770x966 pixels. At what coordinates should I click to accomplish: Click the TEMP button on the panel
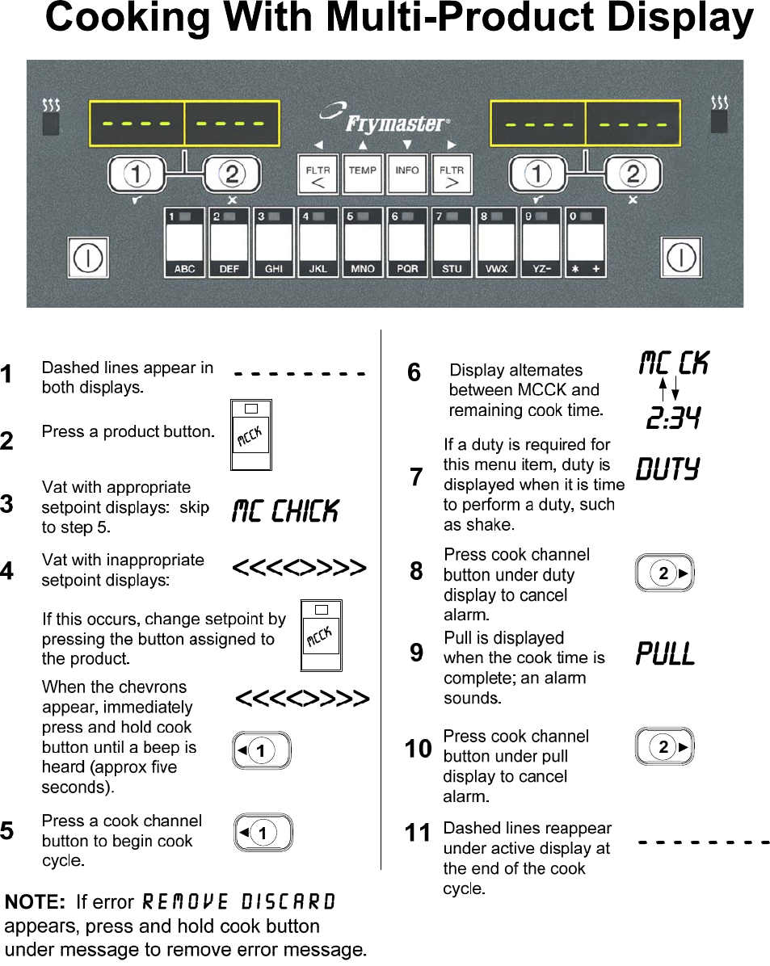tap(363, 174)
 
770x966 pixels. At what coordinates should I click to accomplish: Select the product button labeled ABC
tap(184, 243)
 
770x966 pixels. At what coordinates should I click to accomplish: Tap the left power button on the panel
tap(86, 258)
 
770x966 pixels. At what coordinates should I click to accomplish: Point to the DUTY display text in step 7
tap(667, 469)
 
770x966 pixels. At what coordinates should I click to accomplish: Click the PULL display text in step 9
tap(665, 653)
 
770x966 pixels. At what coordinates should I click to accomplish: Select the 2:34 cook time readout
tap(673, 418)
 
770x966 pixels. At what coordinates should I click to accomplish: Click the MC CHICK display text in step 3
tap(285, 511)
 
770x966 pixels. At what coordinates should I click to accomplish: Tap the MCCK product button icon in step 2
tap(250, 435)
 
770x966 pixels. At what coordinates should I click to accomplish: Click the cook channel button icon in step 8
tap(664, 573)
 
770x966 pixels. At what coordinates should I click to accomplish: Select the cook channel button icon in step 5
tap(262, 833)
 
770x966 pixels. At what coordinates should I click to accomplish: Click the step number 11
tap(418, 833)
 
